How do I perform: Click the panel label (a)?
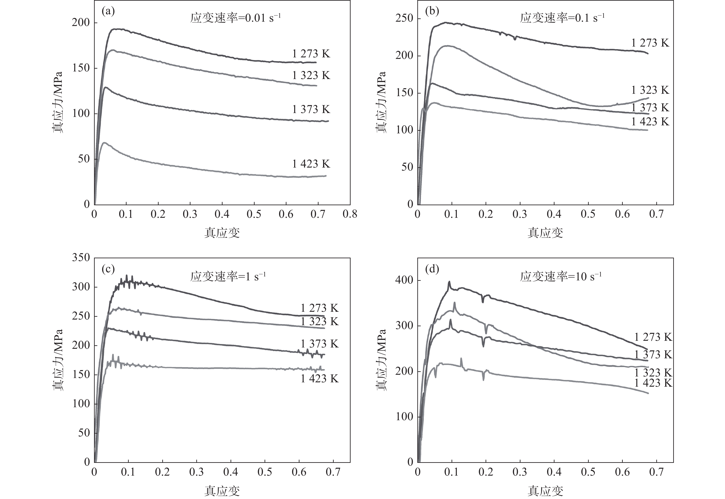tap(108, 11)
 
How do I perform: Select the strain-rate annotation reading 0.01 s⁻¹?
tap(235, 18)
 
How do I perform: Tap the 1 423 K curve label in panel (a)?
tap(311, 164)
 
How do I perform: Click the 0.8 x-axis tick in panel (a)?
tap(350, 214)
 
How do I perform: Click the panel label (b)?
tap(432, 11)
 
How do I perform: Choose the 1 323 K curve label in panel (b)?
tap(650, 90)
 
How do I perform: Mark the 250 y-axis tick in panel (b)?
tap(404, 18)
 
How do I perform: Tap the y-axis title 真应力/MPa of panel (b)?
tap(381, 102)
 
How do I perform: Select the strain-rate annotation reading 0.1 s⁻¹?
tap(562, 18)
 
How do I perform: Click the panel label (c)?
tap(108, 269)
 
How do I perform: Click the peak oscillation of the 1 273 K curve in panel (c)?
tap(127, 277)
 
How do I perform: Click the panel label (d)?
tap(432, 269)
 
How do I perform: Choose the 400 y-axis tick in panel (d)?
tap(404, 280)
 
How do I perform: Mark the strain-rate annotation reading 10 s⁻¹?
tap(561, 276)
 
